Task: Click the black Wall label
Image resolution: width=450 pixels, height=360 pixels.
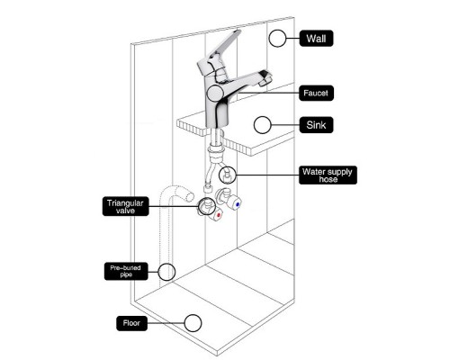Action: (x=316, y=39)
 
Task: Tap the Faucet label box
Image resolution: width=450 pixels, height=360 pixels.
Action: (x=316, y=93)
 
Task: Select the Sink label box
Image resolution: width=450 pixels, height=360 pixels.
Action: (x=316, y=125)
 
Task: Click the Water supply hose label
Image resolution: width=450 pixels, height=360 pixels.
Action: (x=328, y=175)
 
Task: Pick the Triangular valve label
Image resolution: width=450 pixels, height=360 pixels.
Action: (x=125, y=206)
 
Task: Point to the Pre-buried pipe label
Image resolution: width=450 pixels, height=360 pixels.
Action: (x=126, y=271)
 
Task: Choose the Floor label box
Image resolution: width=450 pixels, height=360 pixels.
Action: (x=131, y=323)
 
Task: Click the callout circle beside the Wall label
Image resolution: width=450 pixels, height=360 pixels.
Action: (x=277, y=39)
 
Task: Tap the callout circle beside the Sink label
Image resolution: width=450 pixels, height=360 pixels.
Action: (x=262, y=125)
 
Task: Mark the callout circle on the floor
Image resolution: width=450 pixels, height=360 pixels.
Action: (x=193, y=323)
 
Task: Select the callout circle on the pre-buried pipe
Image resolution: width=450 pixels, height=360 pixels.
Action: (x=166, y=272)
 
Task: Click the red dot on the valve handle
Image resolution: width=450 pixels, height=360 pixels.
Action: (x=219, y=215)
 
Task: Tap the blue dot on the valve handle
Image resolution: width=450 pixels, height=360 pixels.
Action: (x=238, y=204)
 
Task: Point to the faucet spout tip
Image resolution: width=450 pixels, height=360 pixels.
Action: (x=265, y=78)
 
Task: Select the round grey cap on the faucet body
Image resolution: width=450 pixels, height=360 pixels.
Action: (x=215, y=93)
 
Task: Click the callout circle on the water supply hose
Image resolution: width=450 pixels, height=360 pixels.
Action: (x=228, y=175)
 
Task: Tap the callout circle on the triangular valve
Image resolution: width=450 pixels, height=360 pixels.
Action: (x=207, y=206)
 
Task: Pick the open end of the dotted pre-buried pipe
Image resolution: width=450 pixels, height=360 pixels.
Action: (x=190, y=196)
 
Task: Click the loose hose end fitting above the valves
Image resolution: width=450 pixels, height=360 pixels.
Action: (x=207, y=189)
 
